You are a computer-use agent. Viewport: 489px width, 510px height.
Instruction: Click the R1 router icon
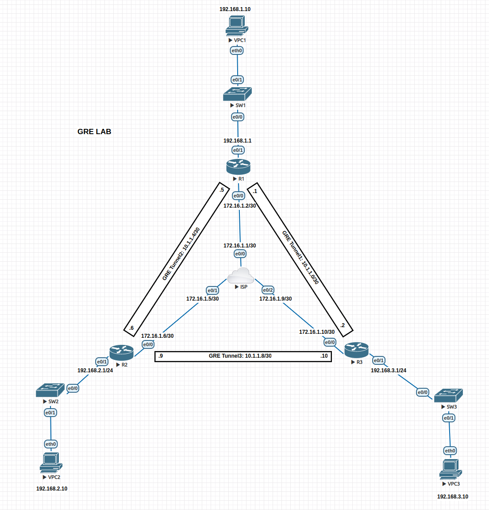[x=238, y=166]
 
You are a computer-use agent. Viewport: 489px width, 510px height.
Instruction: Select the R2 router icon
[x=121, y=352]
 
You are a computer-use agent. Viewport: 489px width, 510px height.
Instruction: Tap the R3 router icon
[x=356, y=350]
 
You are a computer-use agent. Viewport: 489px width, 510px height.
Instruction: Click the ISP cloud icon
[x=240, y=275]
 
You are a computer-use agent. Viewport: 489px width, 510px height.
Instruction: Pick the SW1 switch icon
[x=237, y=94]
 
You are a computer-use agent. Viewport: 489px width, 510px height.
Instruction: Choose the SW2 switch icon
[x=50, y=390]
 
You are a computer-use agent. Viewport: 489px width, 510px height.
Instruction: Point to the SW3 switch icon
[x=448, y=395]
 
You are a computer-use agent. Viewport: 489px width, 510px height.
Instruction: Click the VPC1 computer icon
[x=236, y=25]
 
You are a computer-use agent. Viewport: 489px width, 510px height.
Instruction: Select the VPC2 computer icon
[x=51, y=463]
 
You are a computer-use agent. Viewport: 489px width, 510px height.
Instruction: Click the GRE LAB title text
[x=94, y=131]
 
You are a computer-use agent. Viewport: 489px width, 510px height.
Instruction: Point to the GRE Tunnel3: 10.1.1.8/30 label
[x=240, y=356]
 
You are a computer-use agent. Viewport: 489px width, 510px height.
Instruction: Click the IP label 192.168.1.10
[x=235, y=9]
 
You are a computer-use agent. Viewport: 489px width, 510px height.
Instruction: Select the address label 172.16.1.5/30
[x=202, y=299]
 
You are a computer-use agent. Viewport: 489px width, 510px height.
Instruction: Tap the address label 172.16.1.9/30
[x=275, y=299]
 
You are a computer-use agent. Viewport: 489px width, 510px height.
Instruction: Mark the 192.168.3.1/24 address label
[x=389, y=371]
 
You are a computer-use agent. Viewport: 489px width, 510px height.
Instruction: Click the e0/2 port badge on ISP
[x=268, y=290]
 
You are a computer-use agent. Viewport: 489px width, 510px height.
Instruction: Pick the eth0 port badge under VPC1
[x=237, y=50]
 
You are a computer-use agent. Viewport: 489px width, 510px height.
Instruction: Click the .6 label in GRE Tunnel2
[x=131, y=328]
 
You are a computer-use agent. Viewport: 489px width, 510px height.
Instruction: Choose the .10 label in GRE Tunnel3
[x=324, y=356]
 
